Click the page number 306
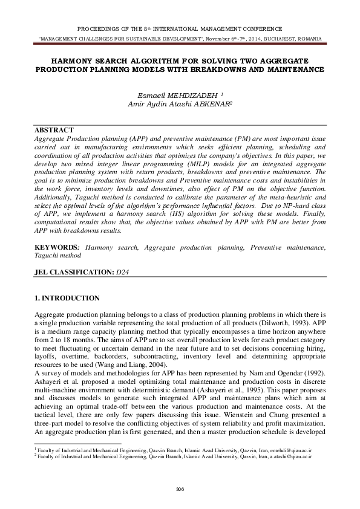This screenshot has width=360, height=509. click(179, 488)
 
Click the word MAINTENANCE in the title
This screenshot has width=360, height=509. click(293, 70)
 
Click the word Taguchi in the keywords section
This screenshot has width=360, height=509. click(48, 256)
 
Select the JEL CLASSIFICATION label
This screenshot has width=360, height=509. click(73, 273)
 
